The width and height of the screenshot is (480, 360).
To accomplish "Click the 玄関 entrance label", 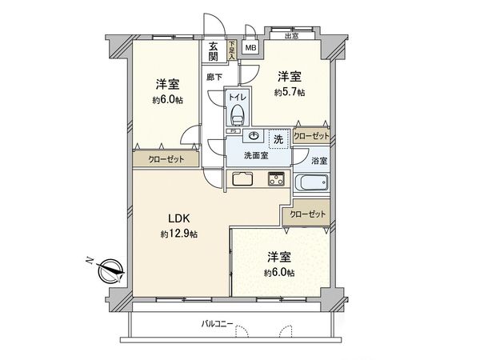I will [214, 51].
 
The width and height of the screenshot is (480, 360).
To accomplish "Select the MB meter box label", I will [251, 47].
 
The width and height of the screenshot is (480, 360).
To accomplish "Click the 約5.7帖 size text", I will [289, 93].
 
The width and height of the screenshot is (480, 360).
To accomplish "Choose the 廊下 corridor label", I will [214, 78].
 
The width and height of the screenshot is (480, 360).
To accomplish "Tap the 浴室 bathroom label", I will [318, 161].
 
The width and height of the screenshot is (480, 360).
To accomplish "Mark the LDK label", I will [178, 218].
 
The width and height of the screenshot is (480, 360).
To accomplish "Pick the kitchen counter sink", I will [242, 178].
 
